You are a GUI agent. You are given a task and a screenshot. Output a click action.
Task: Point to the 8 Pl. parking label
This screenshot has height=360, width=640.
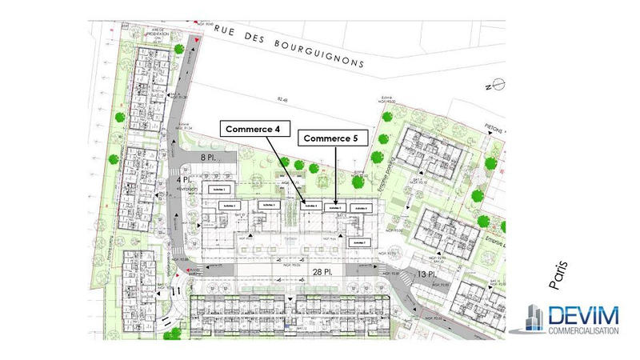[209, 158]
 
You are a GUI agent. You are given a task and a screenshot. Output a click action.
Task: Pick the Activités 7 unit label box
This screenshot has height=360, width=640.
[360, 242]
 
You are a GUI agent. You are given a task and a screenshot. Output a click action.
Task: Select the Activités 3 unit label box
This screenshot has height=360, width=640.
[268, 205]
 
